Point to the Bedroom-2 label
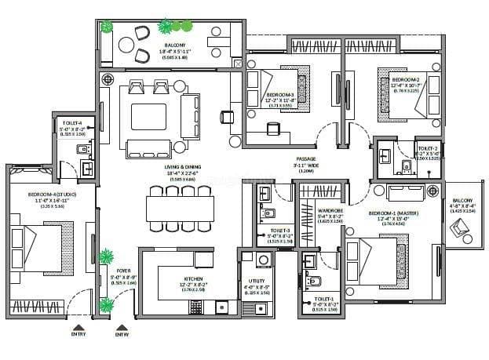405,80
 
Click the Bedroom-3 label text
279,93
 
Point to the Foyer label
112,271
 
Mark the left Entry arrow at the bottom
77,327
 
